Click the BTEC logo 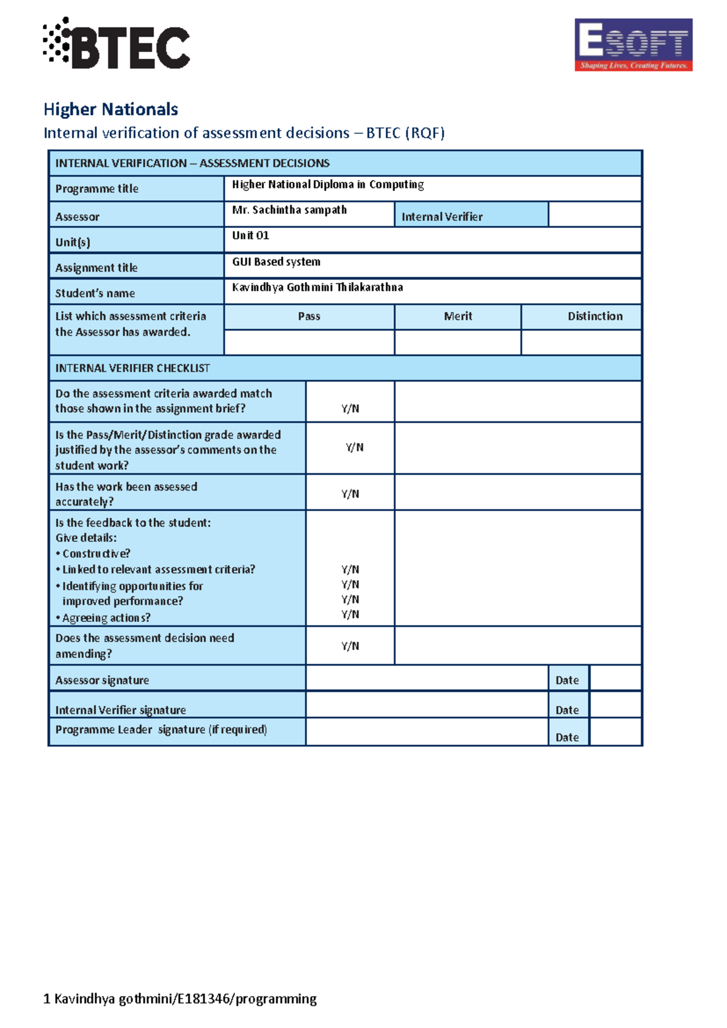tap(116, 44)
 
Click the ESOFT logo tap(633, 45)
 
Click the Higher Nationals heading tap(111, 109)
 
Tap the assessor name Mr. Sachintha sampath tap(289, 210)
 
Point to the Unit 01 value tap(250, 235)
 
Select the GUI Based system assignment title tap(276, 262)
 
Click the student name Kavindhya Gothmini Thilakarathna tap(317, 287)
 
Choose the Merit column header tap(457, 316)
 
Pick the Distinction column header tap(594, 316)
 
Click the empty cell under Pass tap(309, 342)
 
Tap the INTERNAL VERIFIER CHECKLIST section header tap(132, 368)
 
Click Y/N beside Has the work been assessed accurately tap(350, 493)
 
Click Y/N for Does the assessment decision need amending tap(350, 646)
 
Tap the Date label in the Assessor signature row tap(567, 680)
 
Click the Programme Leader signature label tap(161, 729)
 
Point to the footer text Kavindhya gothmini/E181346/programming tap(180, 998)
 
